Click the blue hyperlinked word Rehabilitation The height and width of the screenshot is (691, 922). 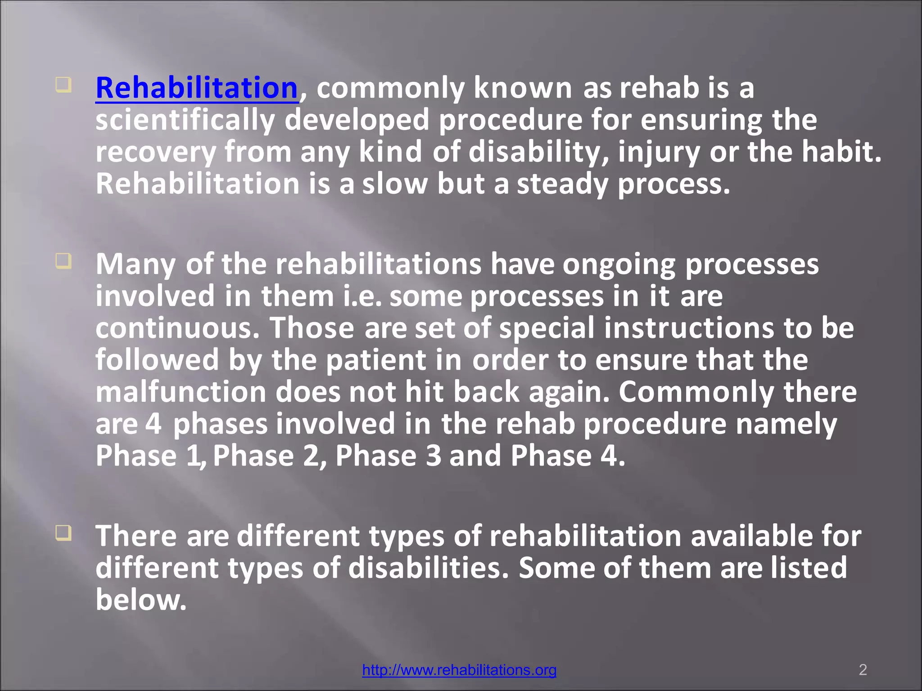click(197, 88)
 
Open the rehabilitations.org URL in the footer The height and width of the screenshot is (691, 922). click(459, 670)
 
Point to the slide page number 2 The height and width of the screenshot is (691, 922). click(863, 670)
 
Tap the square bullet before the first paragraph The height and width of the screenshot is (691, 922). click(63, 85)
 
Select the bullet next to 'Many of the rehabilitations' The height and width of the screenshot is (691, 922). click(63, 261)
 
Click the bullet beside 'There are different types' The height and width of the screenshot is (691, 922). click(63, 533)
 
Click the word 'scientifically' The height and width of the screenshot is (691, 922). click(185, 120)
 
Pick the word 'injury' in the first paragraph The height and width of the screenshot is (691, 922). click(659, 152)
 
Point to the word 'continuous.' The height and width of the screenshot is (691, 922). click(178, 328)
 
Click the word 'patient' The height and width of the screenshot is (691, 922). click(376, 360)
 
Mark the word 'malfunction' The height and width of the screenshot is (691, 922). click(181, 392)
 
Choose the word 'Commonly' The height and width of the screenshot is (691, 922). click(696, 392)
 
